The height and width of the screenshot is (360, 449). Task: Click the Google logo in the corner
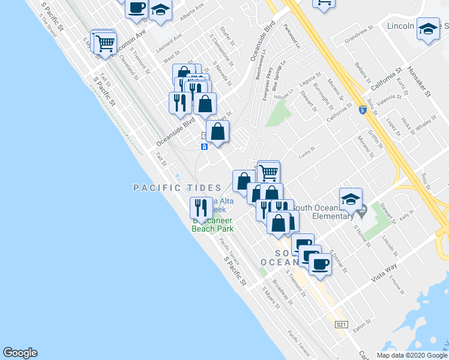pyautogui.click(x=20, y=353)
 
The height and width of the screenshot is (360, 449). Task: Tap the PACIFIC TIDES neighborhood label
pyautogui.click(x=178, y=188)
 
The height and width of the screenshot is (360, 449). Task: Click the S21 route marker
pyautogui.click(x=342, y=325)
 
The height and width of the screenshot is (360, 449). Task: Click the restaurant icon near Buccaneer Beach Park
pyautogui.click(x=200, y=208)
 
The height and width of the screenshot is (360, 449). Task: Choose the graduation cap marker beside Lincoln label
pyautogui.click(x=428, y=29)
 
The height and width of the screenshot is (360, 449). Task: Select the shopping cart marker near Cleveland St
pyautogui.click(x=106, y=43)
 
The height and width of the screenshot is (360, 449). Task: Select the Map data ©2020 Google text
pyautogui.click(x=411, y=355)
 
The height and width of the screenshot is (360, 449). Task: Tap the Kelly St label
pyautogui.click(x=409, y=215)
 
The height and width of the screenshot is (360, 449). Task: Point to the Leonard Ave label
pyautogui.click(x=168, y=44)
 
